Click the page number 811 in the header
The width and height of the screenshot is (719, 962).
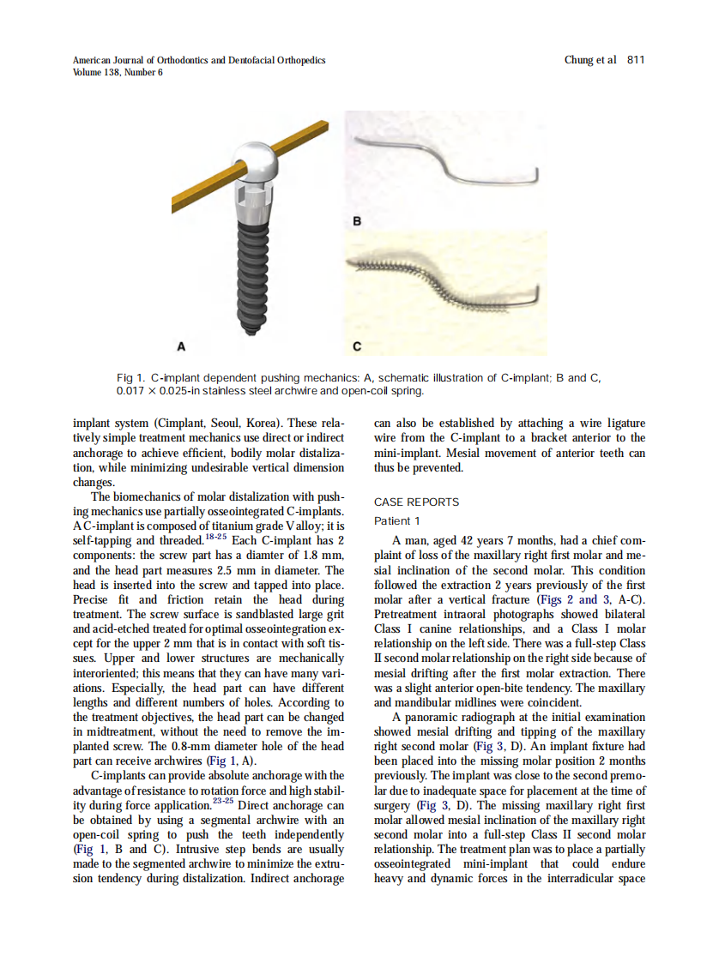(636, 60)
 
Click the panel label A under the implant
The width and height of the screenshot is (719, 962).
(181, 346)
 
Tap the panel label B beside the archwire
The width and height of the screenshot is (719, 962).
(358, 222)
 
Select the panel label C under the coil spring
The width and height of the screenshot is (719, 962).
(358, 346)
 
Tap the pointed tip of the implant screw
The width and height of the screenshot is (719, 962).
(256, 327)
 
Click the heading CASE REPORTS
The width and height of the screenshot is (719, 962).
(416, 502)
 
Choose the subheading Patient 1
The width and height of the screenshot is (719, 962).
(397, 521)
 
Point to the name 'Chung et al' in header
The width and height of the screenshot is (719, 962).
(590, 60)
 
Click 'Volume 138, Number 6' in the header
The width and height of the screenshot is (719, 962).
(118, 72)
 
